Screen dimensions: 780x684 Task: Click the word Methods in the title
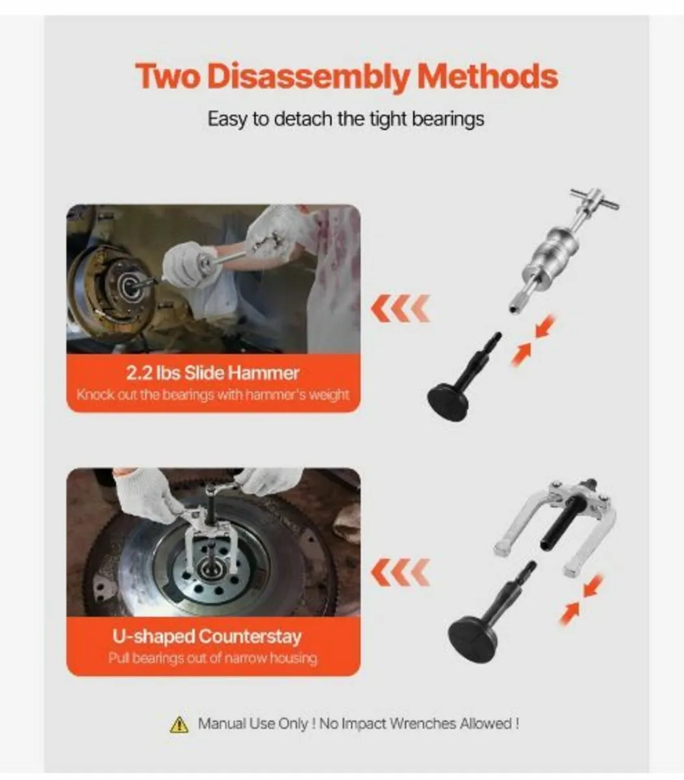(487, 77)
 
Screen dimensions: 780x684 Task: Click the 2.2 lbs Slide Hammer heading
(213, 373)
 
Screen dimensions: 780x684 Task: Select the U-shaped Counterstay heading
(207, 636)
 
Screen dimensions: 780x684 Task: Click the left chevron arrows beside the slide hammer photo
(400, 308)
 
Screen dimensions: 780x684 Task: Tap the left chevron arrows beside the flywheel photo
(400, 572)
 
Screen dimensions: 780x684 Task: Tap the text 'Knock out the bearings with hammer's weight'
(213, 395)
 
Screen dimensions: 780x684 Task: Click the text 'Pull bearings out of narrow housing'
(213, 658)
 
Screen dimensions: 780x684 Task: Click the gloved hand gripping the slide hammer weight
(185, 263)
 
